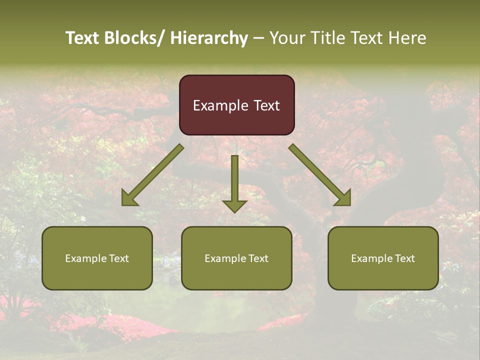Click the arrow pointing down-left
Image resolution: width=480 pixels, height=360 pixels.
(x=152, y=175)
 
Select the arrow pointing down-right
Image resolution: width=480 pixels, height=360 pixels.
(x=320, y=175)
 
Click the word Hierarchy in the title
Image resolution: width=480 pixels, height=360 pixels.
(x=208, y=38)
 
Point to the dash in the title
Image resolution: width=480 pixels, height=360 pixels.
(x=258, y=38)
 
